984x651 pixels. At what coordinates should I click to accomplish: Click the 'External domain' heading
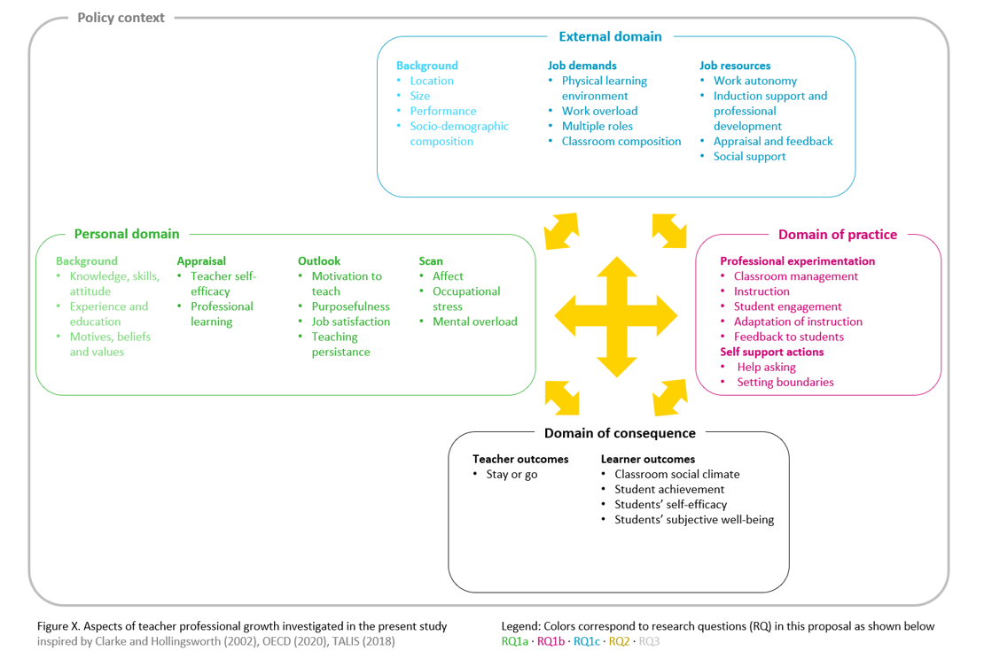(x=610, y=36)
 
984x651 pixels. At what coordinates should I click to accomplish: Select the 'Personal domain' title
(x=127, y=234)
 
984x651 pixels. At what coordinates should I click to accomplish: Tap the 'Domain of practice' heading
(x=838, y=235)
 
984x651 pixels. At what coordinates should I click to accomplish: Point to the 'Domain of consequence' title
(x=620, y=433)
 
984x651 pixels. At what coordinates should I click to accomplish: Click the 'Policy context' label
(x=121, y=18)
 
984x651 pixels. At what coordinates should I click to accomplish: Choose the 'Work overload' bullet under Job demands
(x=599, y=111)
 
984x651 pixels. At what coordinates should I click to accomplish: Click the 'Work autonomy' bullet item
(x=755, y=81)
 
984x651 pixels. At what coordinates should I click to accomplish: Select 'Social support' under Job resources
(x=749, y=157)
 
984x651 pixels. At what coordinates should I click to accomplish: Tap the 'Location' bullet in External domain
(x=432, y=81)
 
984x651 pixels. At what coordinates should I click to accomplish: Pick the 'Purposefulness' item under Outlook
(x=351, y=306)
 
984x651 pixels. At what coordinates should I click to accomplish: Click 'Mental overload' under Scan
(x=475, y=322)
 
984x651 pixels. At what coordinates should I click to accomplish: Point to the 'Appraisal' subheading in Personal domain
(x=201, y=261)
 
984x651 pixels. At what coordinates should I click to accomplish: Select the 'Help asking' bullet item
(x=766, y=367)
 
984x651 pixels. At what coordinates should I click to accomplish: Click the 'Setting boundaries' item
(x=785, y=382)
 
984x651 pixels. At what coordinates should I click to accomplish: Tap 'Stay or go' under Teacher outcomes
(x=512, y=474)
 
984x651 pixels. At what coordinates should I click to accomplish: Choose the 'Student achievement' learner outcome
(x=669, y=489)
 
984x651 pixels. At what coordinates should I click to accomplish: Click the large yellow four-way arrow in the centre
(x=616, y=317)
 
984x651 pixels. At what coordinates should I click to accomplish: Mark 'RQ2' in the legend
(x=619, y=641)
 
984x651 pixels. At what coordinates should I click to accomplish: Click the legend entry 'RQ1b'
(x=551, y=641)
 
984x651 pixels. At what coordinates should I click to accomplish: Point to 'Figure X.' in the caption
(x=59, y=626)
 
